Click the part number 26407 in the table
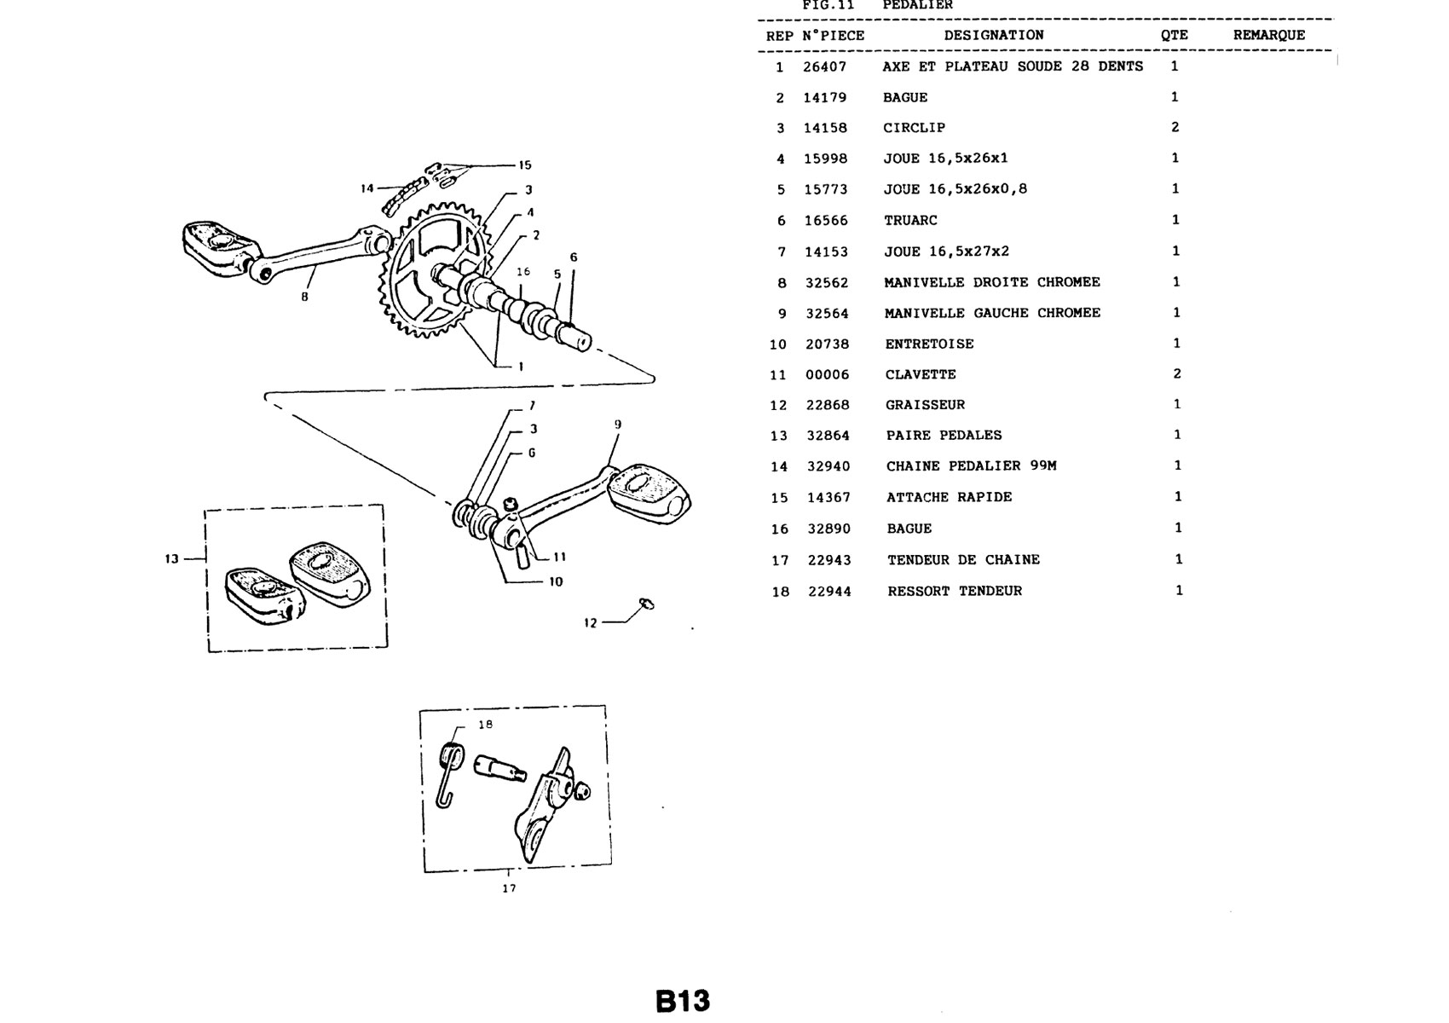[824, 66]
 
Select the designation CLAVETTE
[921, 374]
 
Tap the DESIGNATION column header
[994, 35]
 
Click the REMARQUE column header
[1268, 35]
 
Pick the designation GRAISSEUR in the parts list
[925, 405]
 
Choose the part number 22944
[829, 592]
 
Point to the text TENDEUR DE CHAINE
[963, 560]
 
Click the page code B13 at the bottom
[683, 1000]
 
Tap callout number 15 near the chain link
[524, 165]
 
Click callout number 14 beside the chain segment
[367, 188]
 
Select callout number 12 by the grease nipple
[590, 623]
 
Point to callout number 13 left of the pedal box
[171, 558]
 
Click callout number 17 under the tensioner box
[509, 888]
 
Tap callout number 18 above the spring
[485, 725]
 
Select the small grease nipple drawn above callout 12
[646, 604]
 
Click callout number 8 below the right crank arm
[304, 297]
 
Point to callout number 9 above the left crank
[618, 425]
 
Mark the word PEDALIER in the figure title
[917, 5]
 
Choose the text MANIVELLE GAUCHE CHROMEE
[992, 313]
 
